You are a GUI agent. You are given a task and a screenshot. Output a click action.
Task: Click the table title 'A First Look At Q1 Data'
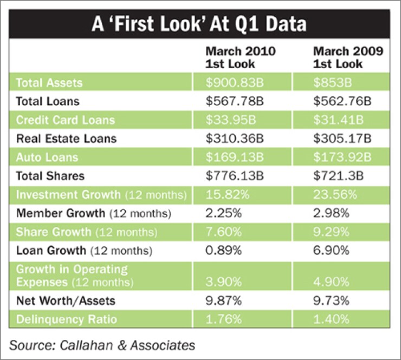[200, 24]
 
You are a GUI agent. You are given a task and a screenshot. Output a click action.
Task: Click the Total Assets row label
[49, 83]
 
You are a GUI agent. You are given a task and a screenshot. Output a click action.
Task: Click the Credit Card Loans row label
[65, 120]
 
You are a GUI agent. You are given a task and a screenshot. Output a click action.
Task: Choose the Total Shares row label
[50, 176]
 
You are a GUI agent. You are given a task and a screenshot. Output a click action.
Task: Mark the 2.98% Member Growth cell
[329, 213]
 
